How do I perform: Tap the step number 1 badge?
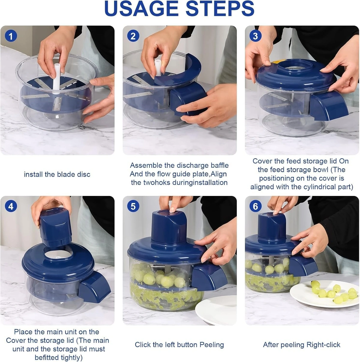point(11,36)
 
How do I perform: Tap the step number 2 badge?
point(133,36)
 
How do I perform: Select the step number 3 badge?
point(255,36)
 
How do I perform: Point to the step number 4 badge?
point(11,206)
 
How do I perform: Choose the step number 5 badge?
point(133,206)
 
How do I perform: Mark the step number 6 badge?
point(255,206)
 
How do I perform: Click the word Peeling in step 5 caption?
point(212,345)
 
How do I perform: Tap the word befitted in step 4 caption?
point(47,358)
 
